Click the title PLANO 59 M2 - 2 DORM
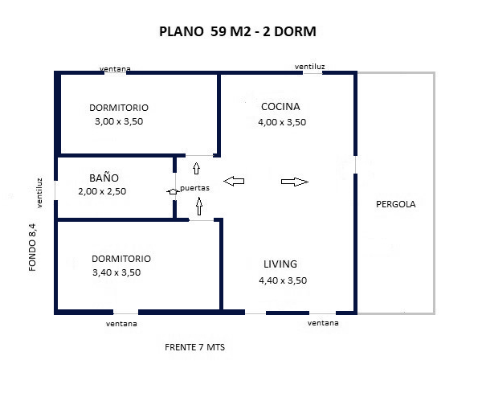(x=237, y=31)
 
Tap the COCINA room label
(x=280, y=106)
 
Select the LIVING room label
(x=280, y=264)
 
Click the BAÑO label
(x=104, y=178)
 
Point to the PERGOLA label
(x=395, y=204)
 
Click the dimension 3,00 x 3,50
(x=119, y=121)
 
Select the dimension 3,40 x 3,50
(x=116, y=272)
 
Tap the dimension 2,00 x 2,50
(x=102, y=191)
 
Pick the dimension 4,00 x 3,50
(x=282, y=122)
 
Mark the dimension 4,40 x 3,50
(x=283, y=280)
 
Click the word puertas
(x=194, y=188)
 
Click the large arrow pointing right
(x=295, y=182)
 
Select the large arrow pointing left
(x=234, y=181)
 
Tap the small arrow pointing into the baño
(x=173, y=191)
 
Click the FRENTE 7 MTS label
(x=194, y=347)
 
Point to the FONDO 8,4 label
(x=32, y=247)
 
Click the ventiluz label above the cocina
(x=309, y=67)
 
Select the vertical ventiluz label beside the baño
(x=39, y=193)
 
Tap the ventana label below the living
(x=323, y=323)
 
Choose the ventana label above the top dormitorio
(x=115, y=69)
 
